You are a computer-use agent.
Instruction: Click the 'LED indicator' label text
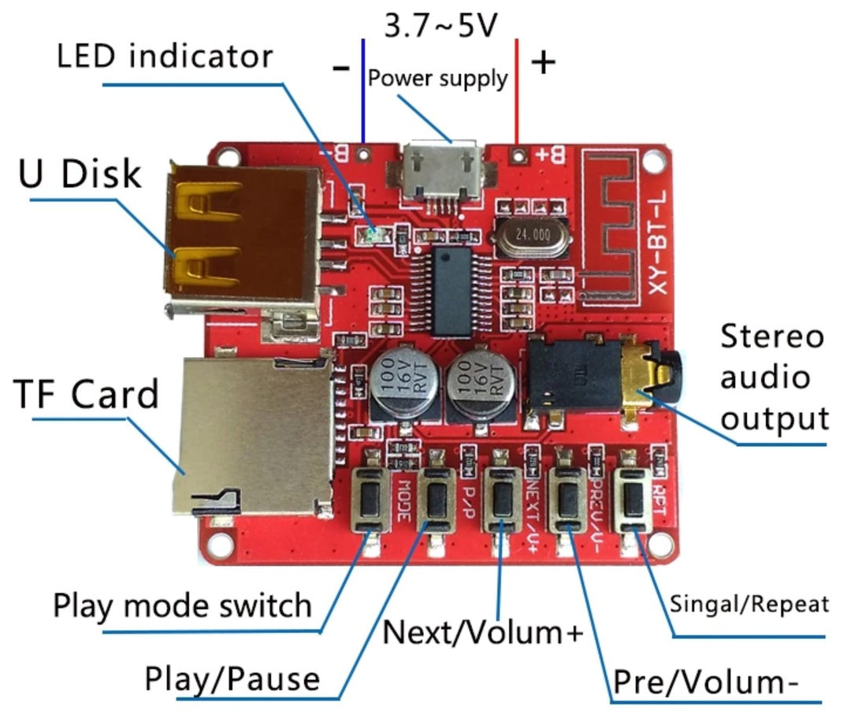[165, 57]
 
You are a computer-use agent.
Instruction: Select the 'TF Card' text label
[87, 394]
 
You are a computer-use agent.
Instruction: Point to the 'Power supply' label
[438, 78]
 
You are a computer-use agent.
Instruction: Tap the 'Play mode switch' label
[182, 606]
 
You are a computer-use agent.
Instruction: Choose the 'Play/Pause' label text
[232, 679]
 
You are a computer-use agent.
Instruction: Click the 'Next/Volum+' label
[483, 631]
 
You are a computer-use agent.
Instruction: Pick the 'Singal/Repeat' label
[749, 604]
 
